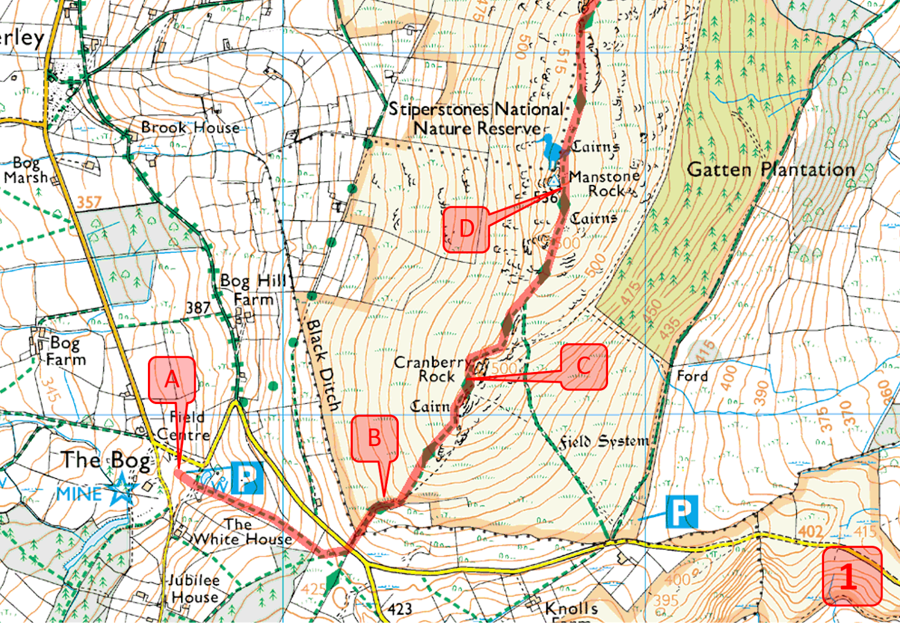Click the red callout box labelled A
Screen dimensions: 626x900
172,380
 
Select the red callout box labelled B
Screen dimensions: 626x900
375,438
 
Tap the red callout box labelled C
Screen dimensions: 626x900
584,367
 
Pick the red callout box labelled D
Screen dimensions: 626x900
466,229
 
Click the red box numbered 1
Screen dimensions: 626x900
852,576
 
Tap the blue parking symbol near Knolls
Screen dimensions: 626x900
682,511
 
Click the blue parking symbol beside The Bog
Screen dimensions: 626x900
247,478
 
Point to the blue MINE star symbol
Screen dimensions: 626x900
122,489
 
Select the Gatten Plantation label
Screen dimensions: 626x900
771,169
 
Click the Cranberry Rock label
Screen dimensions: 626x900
432,369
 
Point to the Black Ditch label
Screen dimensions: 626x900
323,365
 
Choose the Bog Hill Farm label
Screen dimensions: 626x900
254,289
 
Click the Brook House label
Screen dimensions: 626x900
190,128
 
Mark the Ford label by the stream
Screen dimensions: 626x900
692,375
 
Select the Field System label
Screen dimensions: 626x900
604,442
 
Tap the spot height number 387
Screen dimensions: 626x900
198,307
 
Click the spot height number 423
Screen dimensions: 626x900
399,609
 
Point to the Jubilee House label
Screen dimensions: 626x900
194,588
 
